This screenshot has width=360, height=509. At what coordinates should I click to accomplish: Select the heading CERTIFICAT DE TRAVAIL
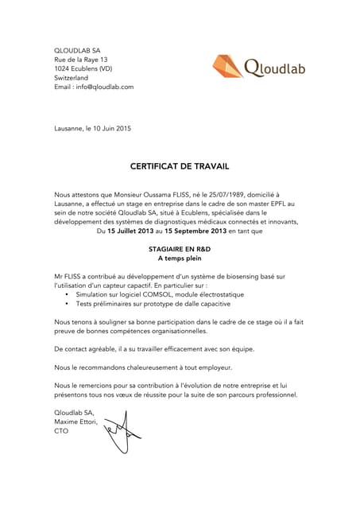point(179,168)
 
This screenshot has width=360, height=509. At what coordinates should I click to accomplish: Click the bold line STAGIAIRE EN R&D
point(180,249)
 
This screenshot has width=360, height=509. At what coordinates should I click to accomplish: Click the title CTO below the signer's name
point(61,432)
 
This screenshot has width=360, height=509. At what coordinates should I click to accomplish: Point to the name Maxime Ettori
point(76,422)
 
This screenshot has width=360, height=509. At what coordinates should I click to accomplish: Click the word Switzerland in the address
point(71,78)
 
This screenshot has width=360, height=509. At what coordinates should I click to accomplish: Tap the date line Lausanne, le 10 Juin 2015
point(92,129)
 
